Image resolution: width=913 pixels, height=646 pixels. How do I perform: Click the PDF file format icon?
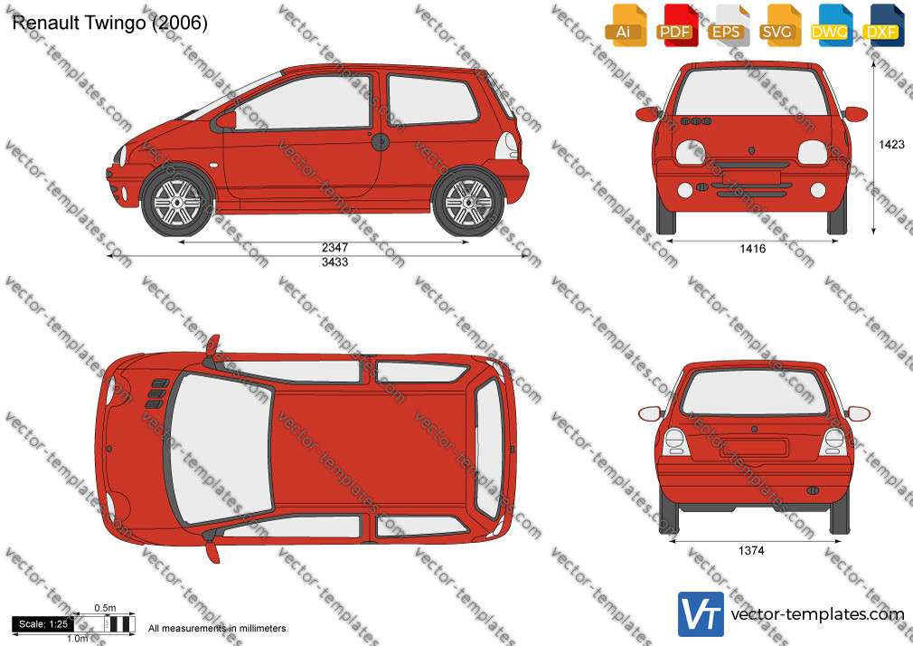[x=678, y=25]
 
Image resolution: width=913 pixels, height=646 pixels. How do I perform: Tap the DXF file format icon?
[x=883, y=25]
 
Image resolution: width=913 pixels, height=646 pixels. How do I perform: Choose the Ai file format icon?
[x=626, y=25]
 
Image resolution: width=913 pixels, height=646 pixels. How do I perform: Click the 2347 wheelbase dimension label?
[x=334, y=248]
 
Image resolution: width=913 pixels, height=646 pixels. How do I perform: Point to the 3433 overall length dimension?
[x=334, y=262]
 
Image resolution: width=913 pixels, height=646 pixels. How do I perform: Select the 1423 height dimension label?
[x=891, y=145]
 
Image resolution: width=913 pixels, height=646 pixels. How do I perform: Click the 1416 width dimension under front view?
[x=752, y=249]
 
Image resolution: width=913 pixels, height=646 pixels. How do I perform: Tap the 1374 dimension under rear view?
[x=751, y=550]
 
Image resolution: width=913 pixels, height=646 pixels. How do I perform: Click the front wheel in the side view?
[x=177, y=202]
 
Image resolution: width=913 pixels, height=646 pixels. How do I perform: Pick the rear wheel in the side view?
[x=469, y=202]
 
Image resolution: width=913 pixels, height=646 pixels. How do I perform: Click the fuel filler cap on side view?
[x=380, y=142]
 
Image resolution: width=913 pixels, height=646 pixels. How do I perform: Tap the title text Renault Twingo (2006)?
[x=110, y=24]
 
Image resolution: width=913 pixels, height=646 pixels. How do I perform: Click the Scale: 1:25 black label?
[x=43, y=624]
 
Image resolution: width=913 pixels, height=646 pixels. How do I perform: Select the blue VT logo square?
[x=701, y=614]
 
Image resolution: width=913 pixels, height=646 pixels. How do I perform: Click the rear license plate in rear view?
[x=754, y=449]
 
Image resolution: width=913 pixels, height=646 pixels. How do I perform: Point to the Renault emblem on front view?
[x=752, y=150]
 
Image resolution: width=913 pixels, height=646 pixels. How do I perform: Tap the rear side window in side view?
[x=431, y=100]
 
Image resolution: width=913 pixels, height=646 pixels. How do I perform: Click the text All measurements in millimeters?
[x=219, y=629]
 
